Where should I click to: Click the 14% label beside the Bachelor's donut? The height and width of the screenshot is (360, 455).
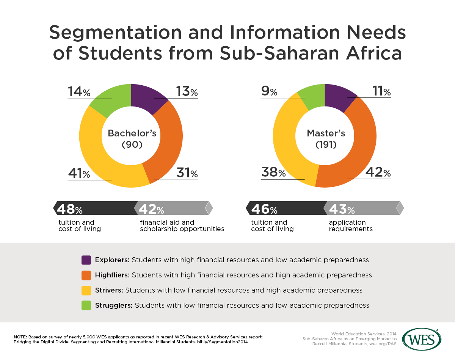pos(79,92)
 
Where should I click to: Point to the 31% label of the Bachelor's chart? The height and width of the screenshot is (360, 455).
pos(187,173)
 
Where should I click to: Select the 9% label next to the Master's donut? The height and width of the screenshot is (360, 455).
pos(269,92)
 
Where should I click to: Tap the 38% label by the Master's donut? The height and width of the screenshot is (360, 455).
pos(273,173)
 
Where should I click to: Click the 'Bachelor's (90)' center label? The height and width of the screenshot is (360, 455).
pos(132,138)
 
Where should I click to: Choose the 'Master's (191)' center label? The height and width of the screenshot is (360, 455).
pos(326,138)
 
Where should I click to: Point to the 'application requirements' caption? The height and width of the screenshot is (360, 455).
pos(351,225)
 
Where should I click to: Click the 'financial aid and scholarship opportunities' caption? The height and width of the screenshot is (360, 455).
pos(182,225)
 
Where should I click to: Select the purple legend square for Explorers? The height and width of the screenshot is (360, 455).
pos(86,260)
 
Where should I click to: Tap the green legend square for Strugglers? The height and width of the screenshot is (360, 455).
pos(86,305)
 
